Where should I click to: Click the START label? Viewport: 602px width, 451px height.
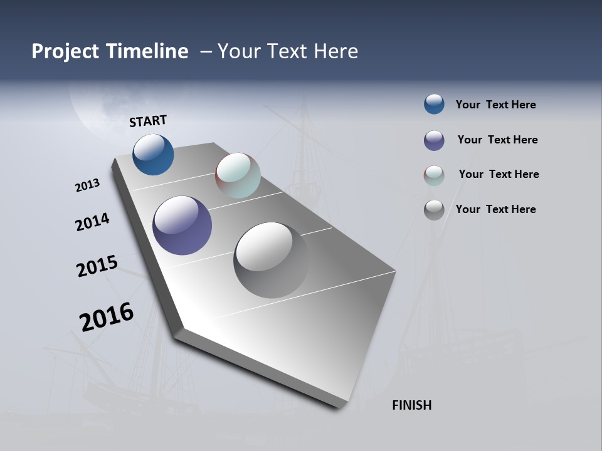148,121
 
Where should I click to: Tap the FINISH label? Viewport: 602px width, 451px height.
412,405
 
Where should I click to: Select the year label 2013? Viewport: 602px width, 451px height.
87,185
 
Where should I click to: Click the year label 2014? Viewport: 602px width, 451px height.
92,222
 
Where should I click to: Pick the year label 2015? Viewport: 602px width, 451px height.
97,266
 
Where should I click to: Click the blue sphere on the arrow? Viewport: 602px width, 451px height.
153,155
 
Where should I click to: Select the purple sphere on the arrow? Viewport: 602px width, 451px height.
182,225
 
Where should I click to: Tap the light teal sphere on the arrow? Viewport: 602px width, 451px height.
238,175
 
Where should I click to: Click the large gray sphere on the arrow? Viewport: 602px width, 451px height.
270,259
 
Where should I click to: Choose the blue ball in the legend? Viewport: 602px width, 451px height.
434,104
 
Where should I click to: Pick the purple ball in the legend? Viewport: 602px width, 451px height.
434,140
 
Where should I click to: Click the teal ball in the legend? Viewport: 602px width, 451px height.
434,175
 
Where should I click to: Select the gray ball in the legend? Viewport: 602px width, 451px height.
434,210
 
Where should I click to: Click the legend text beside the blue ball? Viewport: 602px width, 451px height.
495,105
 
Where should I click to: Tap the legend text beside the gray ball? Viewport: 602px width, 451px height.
495,209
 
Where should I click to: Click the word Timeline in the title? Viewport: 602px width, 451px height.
147,51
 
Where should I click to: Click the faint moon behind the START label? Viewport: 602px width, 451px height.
94,113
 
